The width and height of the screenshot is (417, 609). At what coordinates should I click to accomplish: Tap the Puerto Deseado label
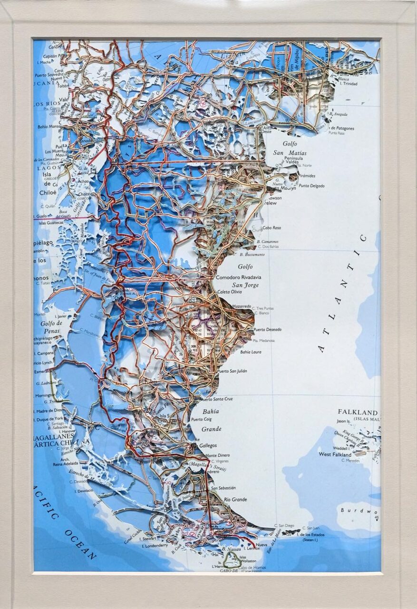[267, 329]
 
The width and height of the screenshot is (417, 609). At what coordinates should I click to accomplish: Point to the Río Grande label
[236, 500]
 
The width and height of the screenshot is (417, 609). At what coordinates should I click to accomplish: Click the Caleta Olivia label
[230, 292]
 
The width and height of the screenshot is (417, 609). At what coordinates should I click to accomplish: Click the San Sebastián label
[223, 488]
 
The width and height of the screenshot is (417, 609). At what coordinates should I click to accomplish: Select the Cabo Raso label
[272, 227]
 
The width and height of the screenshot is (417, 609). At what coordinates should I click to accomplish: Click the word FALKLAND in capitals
[358, 412]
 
